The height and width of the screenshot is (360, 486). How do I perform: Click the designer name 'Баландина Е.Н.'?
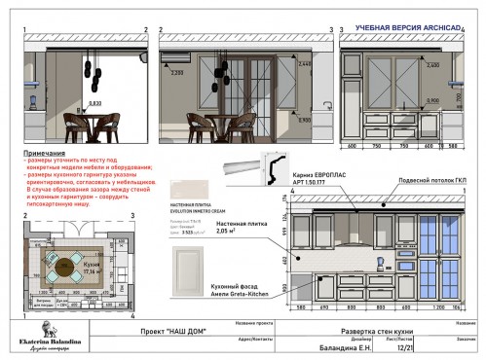click(x=346, y=346)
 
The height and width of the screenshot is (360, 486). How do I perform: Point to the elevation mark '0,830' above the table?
click(x=94, y=102)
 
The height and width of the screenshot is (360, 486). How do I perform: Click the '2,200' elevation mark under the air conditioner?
click(x=177, y=73)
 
